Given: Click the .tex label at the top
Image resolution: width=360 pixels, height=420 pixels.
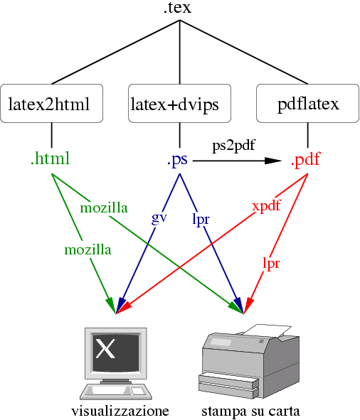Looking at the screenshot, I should [176, 9].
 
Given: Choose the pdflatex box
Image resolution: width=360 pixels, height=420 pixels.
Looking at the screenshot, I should [307, 104].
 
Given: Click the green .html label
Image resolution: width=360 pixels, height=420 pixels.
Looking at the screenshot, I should [51, 159].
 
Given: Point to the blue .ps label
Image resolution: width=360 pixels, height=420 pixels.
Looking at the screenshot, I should [178, 161].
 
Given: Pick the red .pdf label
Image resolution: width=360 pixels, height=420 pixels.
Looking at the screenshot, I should [307, 161].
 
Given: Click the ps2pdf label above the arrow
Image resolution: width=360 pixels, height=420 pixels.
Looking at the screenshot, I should [233, 145].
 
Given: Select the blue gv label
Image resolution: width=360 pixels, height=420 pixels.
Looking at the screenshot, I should [159, 217].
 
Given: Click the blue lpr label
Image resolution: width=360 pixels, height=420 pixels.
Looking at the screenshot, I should [201, 219].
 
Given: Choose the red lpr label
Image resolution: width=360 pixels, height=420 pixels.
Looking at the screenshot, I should [271, 264].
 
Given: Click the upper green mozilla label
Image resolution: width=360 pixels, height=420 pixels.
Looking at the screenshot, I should [104, 208].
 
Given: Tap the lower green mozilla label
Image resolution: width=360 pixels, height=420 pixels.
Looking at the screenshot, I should [88, 249].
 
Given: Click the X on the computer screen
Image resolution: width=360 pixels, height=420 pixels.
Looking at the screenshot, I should [105, 348].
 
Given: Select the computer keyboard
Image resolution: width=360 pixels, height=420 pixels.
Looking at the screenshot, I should [115, 392].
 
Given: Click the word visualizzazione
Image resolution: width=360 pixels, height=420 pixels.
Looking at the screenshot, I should [120, 411].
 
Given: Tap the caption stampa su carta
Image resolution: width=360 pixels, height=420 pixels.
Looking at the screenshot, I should [250, 411].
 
